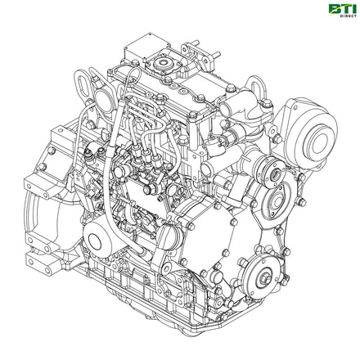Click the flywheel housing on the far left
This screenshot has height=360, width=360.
[x=45, y=196]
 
